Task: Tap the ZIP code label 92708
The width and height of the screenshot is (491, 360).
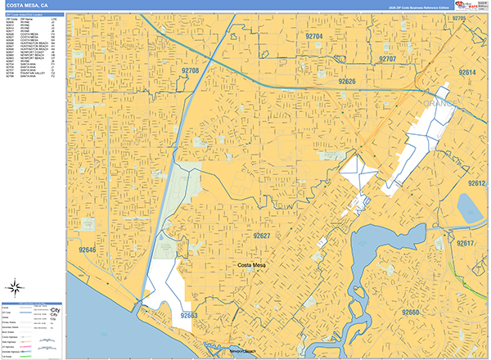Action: click(190, 71)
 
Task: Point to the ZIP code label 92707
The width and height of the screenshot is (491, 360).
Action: click(387, 59)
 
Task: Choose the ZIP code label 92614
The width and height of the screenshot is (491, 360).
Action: click(467, 73)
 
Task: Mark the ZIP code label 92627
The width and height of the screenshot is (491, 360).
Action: click(262, 236)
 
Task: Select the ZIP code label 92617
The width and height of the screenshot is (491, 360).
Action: click(466, 244)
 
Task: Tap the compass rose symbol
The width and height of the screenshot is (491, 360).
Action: click(15, 287)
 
